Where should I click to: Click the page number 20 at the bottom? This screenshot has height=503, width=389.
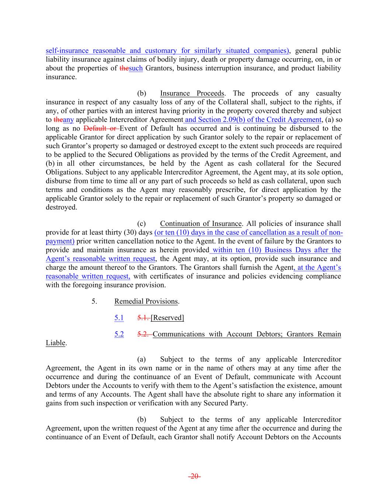194,476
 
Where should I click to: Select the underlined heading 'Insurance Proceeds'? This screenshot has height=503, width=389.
192,94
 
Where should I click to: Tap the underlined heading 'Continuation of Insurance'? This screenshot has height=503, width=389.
201,224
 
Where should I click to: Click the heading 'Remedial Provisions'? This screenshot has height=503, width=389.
146,301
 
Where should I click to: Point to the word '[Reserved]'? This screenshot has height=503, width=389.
167,318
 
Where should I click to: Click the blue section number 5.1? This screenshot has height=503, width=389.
119,318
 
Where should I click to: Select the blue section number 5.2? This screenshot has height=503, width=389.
119,334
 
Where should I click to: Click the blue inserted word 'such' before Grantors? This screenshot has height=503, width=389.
136,68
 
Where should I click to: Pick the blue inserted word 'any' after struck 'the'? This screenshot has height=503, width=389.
69,120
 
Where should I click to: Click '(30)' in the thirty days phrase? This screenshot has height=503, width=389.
136,233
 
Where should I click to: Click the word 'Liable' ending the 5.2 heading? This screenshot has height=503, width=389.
55,343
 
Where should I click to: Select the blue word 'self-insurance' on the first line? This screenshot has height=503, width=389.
67,51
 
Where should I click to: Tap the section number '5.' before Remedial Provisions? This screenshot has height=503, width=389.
94,301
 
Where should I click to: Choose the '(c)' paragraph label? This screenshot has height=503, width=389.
142,224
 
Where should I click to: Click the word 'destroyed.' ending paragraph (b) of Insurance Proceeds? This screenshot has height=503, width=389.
61,207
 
